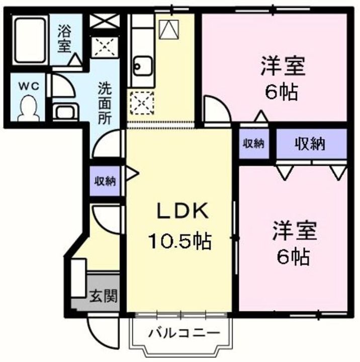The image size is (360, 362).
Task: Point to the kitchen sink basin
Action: point(142,65)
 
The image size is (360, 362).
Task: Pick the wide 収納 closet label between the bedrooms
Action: point(310,144)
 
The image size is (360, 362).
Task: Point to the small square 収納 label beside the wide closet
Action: point(253,143)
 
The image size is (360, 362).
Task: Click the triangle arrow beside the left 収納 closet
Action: point(132,174)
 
